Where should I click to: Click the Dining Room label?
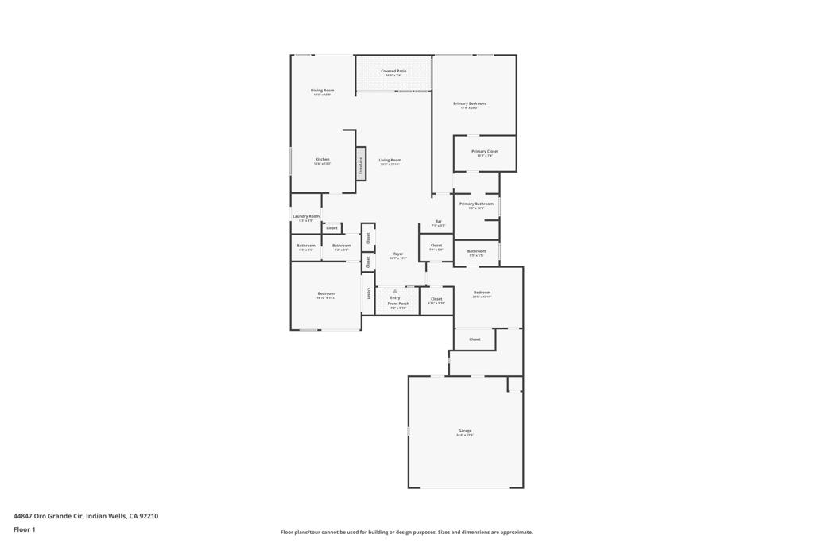[322, 91]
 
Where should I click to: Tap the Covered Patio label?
[393, 72]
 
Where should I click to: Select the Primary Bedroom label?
[469, 103]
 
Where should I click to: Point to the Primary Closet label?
[485, 151]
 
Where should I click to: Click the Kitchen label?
[322, 159]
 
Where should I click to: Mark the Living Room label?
[390, 160]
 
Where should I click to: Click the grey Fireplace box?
[360, 165]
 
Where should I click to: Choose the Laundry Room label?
[306, 216]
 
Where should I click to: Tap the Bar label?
[438, 221]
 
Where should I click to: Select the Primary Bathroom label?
[477, 204]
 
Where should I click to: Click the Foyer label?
[398, 254]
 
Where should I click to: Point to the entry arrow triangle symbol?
[395, 292]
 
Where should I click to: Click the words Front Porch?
[398, 304]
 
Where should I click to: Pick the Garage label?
[465, 431]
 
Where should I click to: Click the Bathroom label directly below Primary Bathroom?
[477, 251]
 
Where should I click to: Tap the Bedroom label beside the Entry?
[482, 293]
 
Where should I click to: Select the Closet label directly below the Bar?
[436, 246]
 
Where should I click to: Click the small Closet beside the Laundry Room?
[331, 228]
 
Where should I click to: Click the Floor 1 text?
[25, 529]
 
